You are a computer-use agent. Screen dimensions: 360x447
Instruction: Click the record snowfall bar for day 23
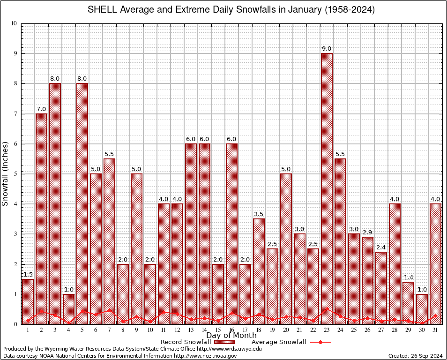pyautogui.click(x=327, y=187)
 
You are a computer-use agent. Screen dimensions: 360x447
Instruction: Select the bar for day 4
pyautogui.click(x=68, y=309)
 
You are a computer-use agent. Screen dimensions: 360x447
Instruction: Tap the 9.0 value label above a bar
pyautogui.click(x=327, y=49)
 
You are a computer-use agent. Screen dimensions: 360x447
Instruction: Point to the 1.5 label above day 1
pyautogui.click(x=28, y=275)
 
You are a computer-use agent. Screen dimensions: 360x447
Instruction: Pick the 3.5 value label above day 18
pyautogui.click(x=259, y=214)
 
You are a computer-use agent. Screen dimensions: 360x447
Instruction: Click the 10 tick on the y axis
pyautogui.click(x=14, y=23)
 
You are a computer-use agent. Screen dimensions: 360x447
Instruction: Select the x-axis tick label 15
pyautogui.click(x=218, y=330)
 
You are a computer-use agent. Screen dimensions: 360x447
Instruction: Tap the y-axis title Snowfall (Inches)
pyautogui.click(x=6, y=173)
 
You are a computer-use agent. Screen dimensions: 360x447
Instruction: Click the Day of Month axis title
pyautogui.click(x=231, y=336)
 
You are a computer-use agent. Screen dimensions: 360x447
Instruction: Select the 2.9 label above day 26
pyautogui.click(x=367, y=232)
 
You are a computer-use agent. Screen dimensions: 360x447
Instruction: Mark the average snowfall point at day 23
pyautogui.click(x=327, y=309)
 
